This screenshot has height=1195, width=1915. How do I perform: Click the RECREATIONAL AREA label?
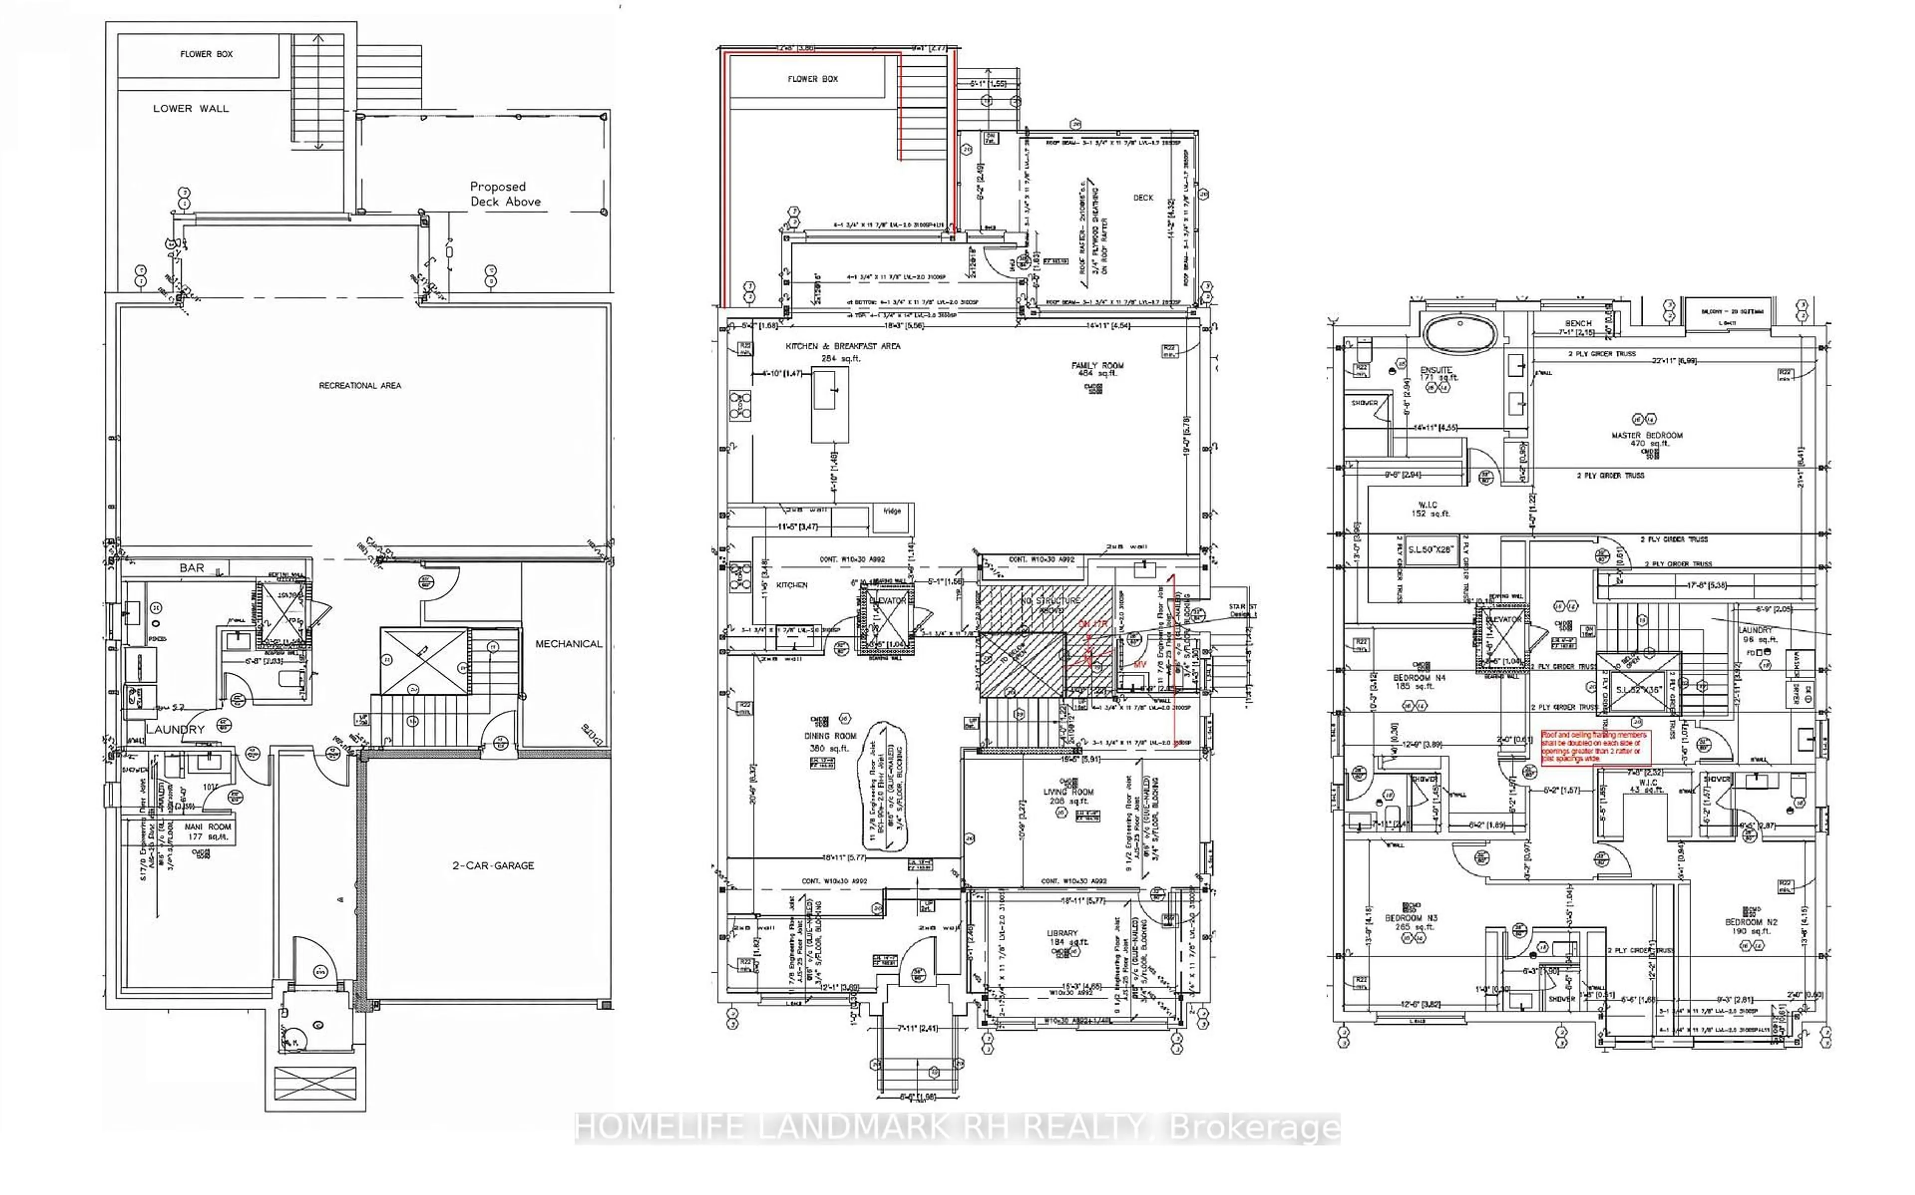[360, 386]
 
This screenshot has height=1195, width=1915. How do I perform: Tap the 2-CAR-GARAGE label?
[493, 866]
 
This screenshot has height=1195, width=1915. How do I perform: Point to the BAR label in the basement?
[191, 568]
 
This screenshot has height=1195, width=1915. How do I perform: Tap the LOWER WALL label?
[191, 108]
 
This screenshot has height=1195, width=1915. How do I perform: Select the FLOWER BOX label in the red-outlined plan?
[813, 79]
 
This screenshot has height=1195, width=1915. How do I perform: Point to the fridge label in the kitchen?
[891, 511]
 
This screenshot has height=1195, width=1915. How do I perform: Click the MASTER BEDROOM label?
[1647, 436]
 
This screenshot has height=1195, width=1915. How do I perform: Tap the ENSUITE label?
[1436, 370]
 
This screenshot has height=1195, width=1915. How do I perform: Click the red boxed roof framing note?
[1590, 746]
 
